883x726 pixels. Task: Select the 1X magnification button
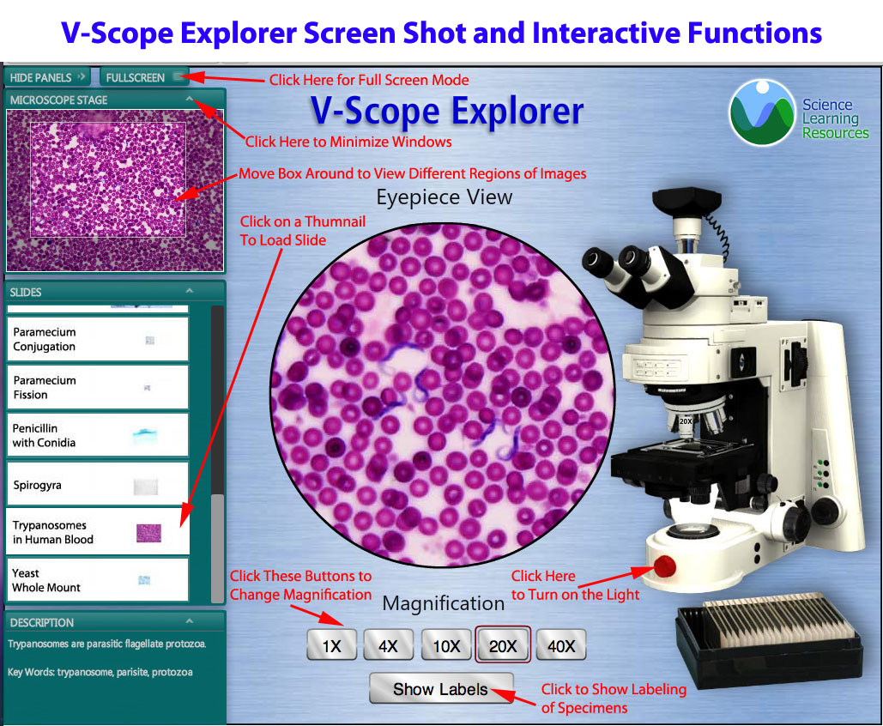(332, 645)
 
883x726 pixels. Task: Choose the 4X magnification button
(388, 645)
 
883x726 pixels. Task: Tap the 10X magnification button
(446, 645)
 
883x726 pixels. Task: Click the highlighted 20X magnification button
(503, 644)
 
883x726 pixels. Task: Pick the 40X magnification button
(561, 645)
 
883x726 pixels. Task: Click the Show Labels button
(441, 689)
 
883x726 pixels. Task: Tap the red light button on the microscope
(664, 566)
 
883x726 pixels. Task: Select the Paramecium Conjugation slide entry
(98, 339)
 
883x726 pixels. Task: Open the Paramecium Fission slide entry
(98, 388)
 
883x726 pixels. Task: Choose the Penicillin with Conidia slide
(98, 435)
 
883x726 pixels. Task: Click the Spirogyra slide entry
(98, 484)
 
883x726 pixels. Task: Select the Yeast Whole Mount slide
(98, 580)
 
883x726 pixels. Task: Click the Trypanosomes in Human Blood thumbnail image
(148, 533)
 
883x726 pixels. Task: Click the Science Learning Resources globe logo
(763, 113)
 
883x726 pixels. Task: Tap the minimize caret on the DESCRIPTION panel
(189, 621)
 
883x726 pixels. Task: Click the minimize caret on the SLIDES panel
(189, 291)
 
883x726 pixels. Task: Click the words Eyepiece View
(445, 197)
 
